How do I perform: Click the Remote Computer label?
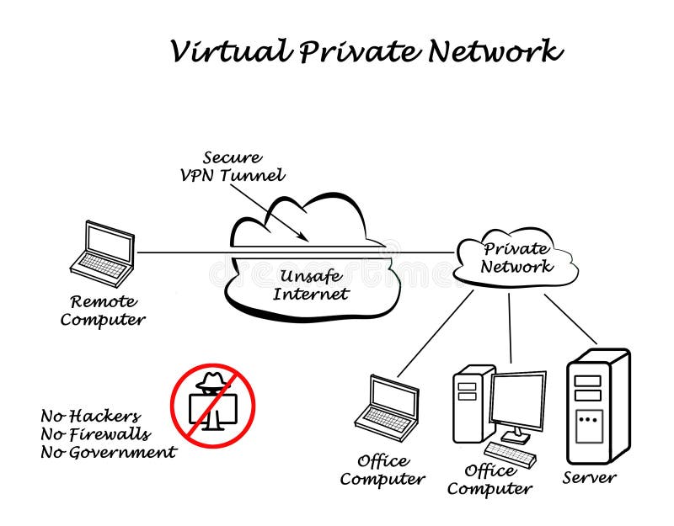tap(103, 310)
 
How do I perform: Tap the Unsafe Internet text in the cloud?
tap(311, 285)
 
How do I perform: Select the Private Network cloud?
tap(516, 258)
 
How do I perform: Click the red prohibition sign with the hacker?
tap(213, 405)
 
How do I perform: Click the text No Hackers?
tap(90, 416)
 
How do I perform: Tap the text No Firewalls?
tap(95, 434)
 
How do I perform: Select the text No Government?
tap(109, 453)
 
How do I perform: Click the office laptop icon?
tap(388, 407)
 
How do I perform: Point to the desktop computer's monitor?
tap(516, 401)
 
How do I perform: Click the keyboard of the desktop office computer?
tap(510, 455)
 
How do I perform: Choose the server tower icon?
tap(597, 406)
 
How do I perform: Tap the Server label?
tap(589, 477)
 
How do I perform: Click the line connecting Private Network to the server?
tap(571, 319)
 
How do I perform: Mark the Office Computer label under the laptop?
tap(382, 470)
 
